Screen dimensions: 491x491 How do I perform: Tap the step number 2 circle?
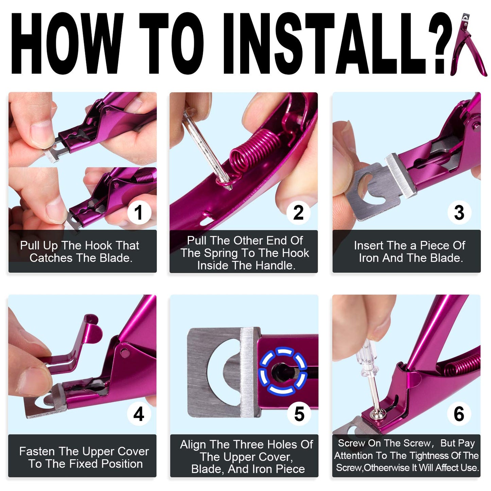coord(298,213)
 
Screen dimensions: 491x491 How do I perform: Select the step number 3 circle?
coord(459,213)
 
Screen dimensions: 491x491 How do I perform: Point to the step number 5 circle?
coord(299,414)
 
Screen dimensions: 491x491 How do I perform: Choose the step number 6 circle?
coord(459,414)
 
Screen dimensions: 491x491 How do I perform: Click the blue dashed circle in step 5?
coord(283,371)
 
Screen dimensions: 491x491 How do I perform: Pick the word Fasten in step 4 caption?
coord(37,451)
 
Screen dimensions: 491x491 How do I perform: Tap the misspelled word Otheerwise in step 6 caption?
coord(387,468)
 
